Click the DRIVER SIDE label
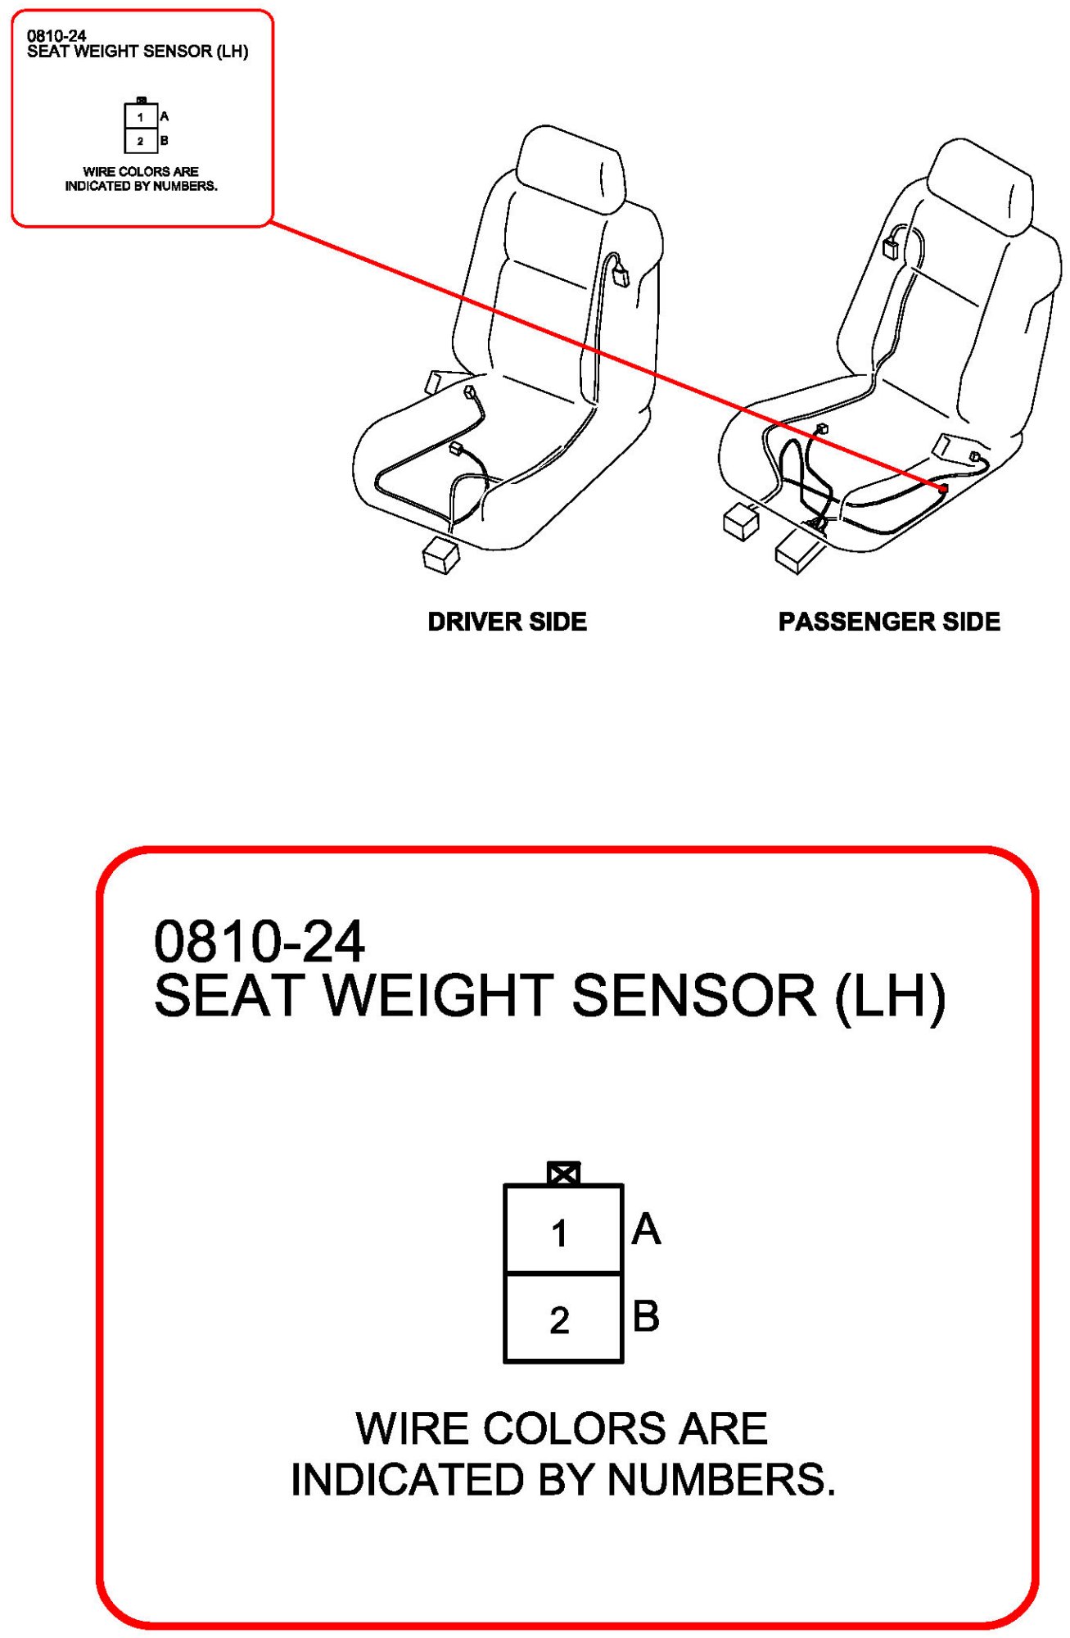[x=507, y=622]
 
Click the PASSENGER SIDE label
[x=888, y=622]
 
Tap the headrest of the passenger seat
[x=982, y=186]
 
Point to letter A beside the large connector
[x=646, y=1229]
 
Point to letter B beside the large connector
[x=646, y=1316]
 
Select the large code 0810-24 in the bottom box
[x=259, y=942]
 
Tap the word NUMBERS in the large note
[x=720, y=1480]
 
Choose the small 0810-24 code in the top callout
[x=56, y=36]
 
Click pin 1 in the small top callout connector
[x=141, y=116]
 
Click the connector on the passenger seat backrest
[x=891, y=247]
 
